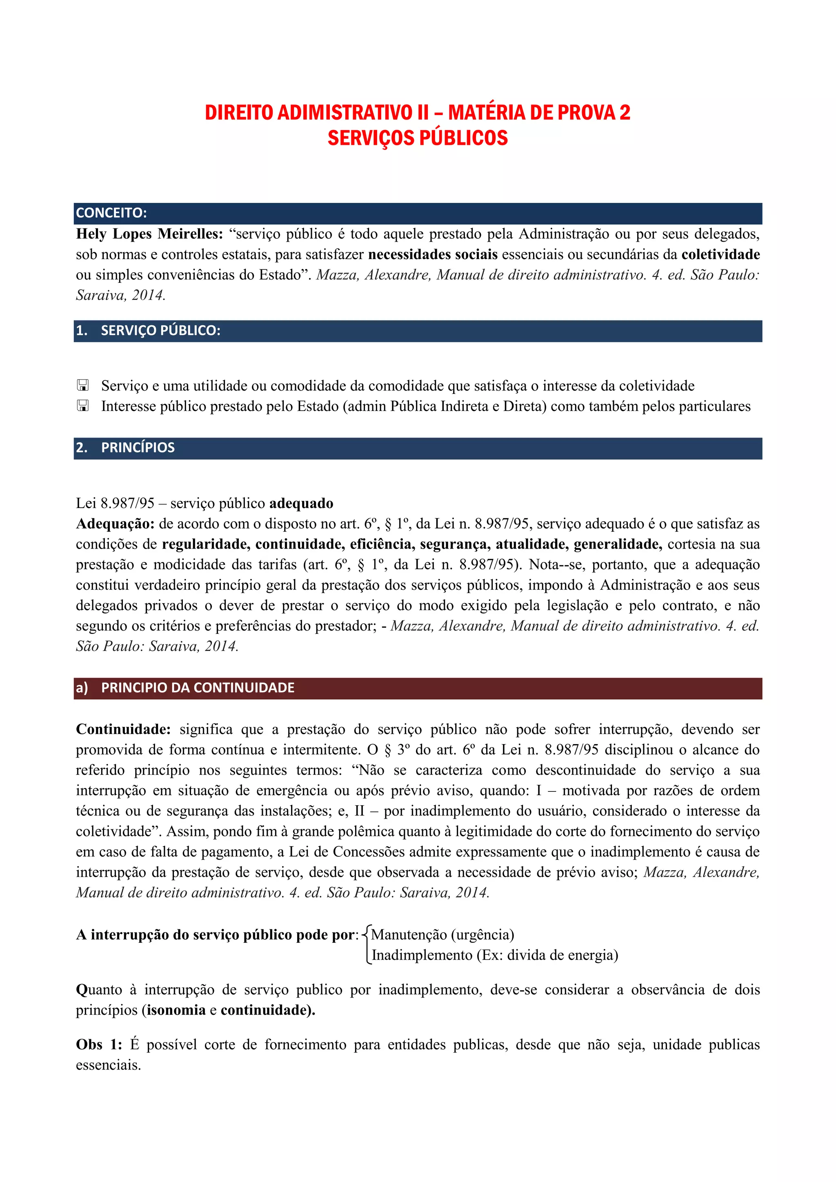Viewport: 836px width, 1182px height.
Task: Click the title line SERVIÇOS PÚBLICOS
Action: point(418,138)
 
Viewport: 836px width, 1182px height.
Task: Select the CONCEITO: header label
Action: point(111,213)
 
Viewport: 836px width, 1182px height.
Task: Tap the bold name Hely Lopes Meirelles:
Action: point(149,234)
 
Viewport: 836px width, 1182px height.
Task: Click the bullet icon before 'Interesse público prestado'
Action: point(82,406)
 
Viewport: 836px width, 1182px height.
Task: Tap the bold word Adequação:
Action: point(115,524)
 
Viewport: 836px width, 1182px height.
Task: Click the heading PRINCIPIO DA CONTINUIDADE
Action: point(198,688)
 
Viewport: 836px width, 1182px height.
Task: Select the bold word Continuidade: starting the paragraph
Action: point(124,729)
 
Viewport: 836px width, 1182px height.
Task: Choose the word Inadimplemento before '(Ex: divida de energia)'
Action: point(422,955)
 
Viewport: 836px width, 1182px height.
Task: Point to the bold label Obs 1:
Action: point(99,1044)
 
